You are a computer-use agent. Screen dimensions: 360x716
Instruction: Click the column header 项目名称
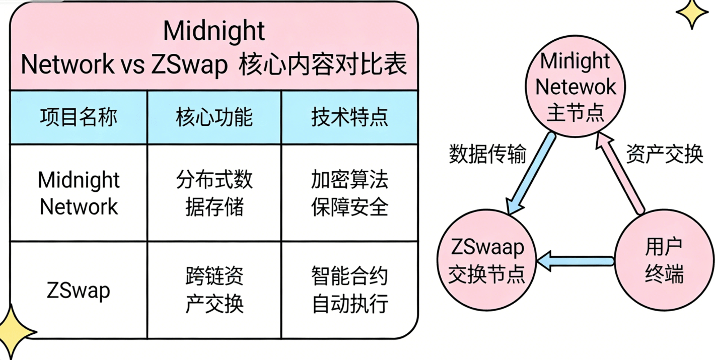[x=79, y=118]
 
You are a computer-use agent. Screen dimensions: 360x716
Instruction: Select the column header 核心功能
[x=214, y=118]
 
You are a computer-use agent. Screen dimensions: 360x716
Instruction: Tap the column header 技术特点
[x=349, y=118]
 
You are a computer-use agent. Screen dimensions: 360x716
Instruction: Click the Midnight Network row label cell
[x=79, y=193]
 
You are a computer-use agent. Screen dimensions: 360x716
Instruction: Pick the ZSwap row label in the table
[x=79, y=290]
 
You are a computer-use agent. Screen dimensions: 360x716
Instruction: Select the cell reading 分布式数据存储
[x=214, y=193]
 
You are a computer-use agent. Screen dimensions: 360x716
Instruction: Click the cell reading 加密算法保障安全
[x=349, y=193]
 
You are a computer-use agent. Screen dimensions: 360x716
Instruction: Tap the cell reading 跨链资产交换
[x=214, y=290]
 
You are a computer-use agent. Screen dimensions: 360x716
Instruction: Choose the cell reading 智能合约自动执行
[x=349, y=290]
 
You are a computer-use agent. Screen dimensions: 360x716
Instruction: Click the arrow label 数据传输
[x=487, y=155]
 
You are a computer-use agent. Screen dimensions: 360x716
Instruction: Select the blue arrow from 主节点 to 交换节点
[x=531, y=174]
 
